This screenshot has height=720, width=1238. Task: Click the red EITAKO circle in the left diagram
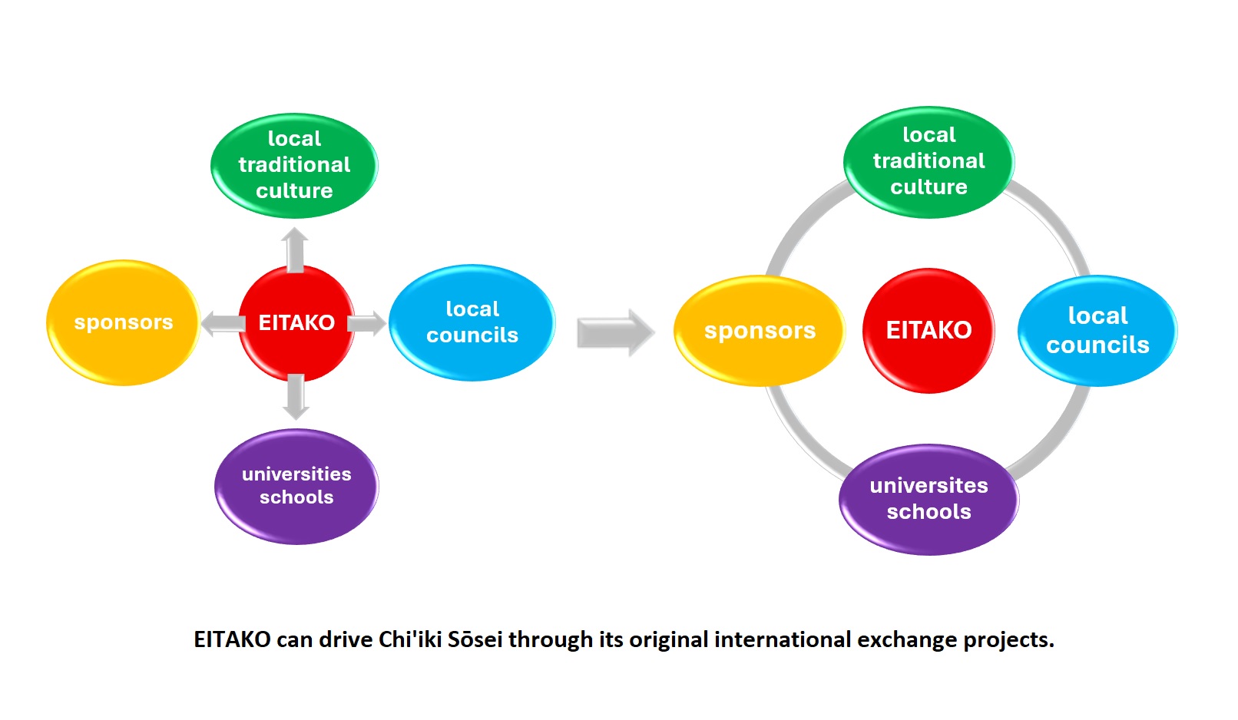click(296, 322)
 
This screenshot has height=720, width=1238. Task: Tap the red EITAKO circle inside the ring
click(928, 330)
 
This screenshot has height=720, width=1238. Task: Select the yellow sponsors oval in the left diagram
click(123, 322)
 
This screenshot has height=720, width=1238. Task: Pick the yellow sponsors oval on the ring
click(759, 331)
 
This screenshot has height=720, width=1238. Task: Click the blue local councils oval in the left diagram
click(472, 322)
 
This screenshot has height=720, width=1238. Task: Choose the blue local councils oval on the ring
click(1097, 331)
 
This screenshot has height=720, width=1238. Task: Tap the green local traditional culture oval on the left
click(294, 165)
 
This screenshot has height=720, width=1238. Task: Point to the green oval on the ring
click(928, 161)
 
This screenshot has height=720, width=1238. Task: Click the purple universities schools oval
click(296, 486)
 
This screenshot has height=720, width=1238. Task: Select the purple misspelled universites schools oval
click(928, 499)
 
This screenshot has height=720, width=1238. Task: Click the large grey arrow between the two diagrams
click(615, 332)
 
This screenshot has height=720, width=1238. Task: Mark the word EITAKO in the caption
click(232, 639)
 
